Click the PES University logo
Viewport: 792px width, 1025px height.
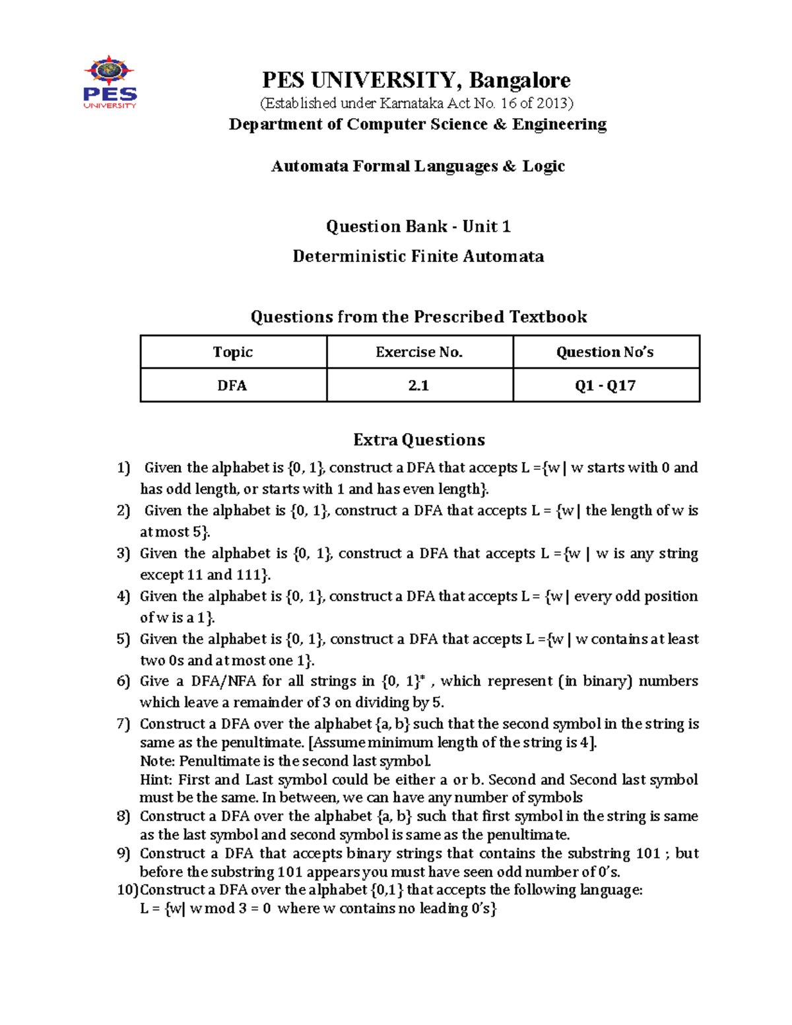coord(110,83)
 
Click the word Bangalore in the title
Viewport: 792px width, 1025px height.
coord(520,80)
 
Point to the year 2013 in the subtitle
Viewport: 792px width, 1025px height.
coord(553,103)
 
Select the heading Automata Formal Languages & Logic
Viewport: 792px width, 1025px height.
coord(418,166)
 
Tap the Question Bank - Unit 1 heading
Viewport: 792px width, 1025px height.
coord(418,226)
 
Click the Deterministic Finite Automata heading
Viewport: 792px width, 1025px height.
coord(418,256)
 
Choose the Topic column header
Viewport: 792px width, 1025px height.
coord(233,352)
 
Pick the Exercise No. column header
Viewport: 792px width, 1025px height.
coord(419,352)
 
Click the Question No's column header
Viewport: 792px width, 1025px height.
coord(605,352)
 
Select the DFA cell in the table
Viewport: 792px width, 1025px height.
coord(232,385)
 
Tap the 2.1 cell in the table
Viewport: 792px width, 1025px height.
coord(418,385)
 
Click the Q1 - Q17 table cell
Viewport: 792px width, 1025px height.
coord(605,385)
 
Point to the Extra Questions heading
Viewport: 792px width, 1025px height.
coord(418,440)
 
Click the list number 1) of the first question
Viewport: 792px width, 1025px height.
coord(123,468)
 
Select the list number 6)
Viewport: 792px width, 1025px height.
coord(123,681)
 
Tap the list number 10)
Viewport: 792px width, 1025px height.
coord(127,890)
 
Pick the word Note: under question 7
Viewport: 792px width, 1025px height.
coord(158,761)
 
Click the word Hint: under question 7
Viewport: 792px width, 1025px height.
coord(156,779)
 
